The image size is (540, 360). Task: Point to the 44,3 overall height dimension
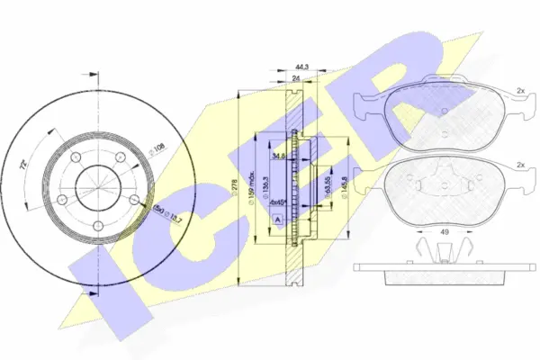pyautogui.click(x=302, y=66)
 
